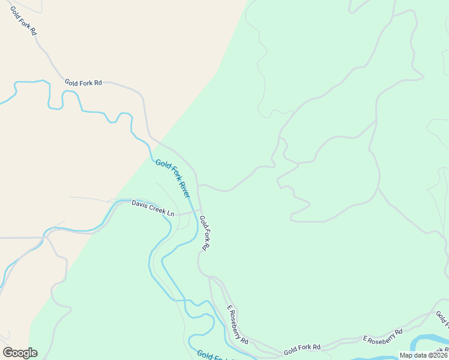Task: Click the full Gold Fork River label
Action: coord(173,178)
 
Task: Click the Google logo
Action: coord(20,353)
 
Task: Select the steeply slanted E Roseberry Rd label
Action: coord(238,325)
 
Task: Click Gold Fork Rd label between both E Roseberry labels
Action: coord(302,347)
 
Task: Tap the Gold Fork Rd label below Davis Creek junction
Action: coord(205,233)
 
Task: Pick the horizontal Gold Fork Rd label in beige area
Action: coord(83,83)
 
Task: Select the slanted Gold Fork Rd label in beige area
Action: coord(23,20)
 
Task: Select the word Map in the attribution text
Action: coord(408,355)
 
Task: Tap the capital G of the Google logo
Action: coord(8,353)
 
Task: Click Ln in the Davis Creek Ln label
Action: coord(170,213)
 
